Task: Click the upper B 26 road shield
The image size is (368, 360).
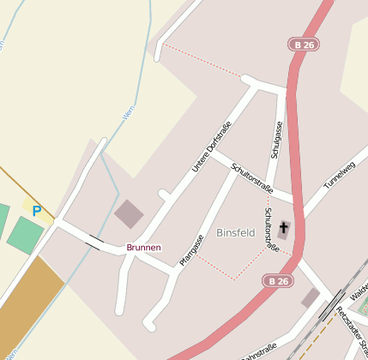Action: coord(304,45)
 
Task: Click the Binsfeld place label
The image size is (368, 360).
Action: coord(235,232)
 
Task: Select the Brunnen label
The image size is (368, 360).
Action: coord(143,248)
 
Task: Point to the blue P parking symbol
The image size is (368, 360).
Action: coord(36,211)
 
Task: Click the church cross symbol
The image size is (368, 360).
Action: coord(283,229)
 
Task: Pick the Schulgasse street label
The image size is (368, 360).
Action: coord(276,138)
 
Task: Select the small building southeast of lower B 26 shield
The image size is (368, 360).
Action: coord(311,297)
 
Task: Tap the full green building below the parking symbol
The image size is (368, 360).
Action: coord(25,235)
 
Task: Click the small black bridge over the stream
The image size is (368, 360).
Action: coord(93,242)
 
